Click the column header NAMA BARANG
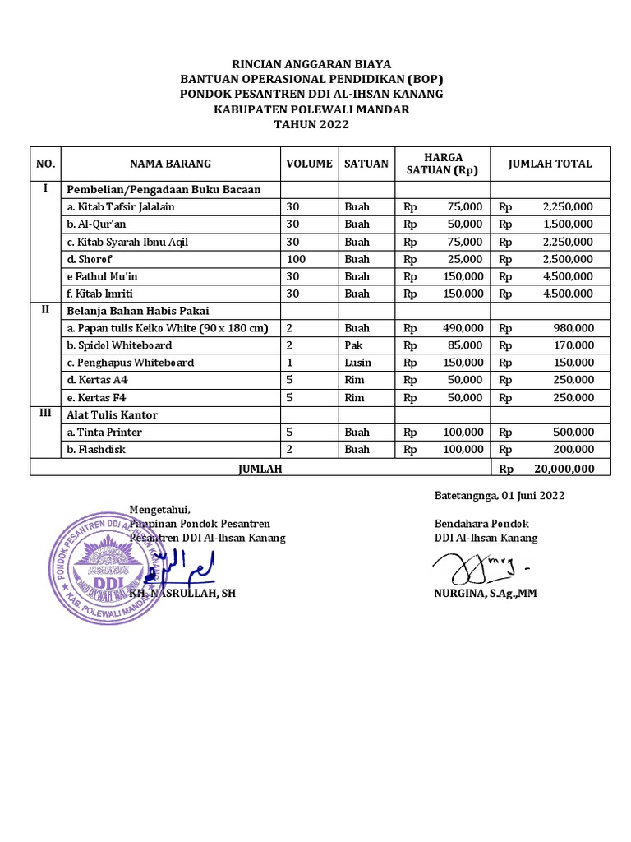click(x=170, y=164)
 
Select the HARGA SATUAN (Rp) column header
click(x=443, y=164)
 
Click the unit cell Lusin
click(x=358, y=363)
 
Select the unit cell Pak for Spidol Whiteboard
click(x=353, y=345)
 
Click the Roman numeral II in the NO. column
click(x=45, y=310)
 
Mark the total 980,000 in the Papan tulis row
click(x=573, y=328)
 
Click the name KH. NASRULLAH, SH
click(x=182, y=593)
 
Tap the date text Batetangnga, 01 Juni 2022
click(x=499, y=495)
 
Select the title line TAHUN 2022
click(x=311, y=124)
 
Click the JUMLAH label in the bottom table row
click(x=260, y=467)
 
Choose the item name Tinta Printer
click(x=104, y=433)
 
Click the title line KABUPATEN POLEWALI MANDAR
click(x=311, y=109)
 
